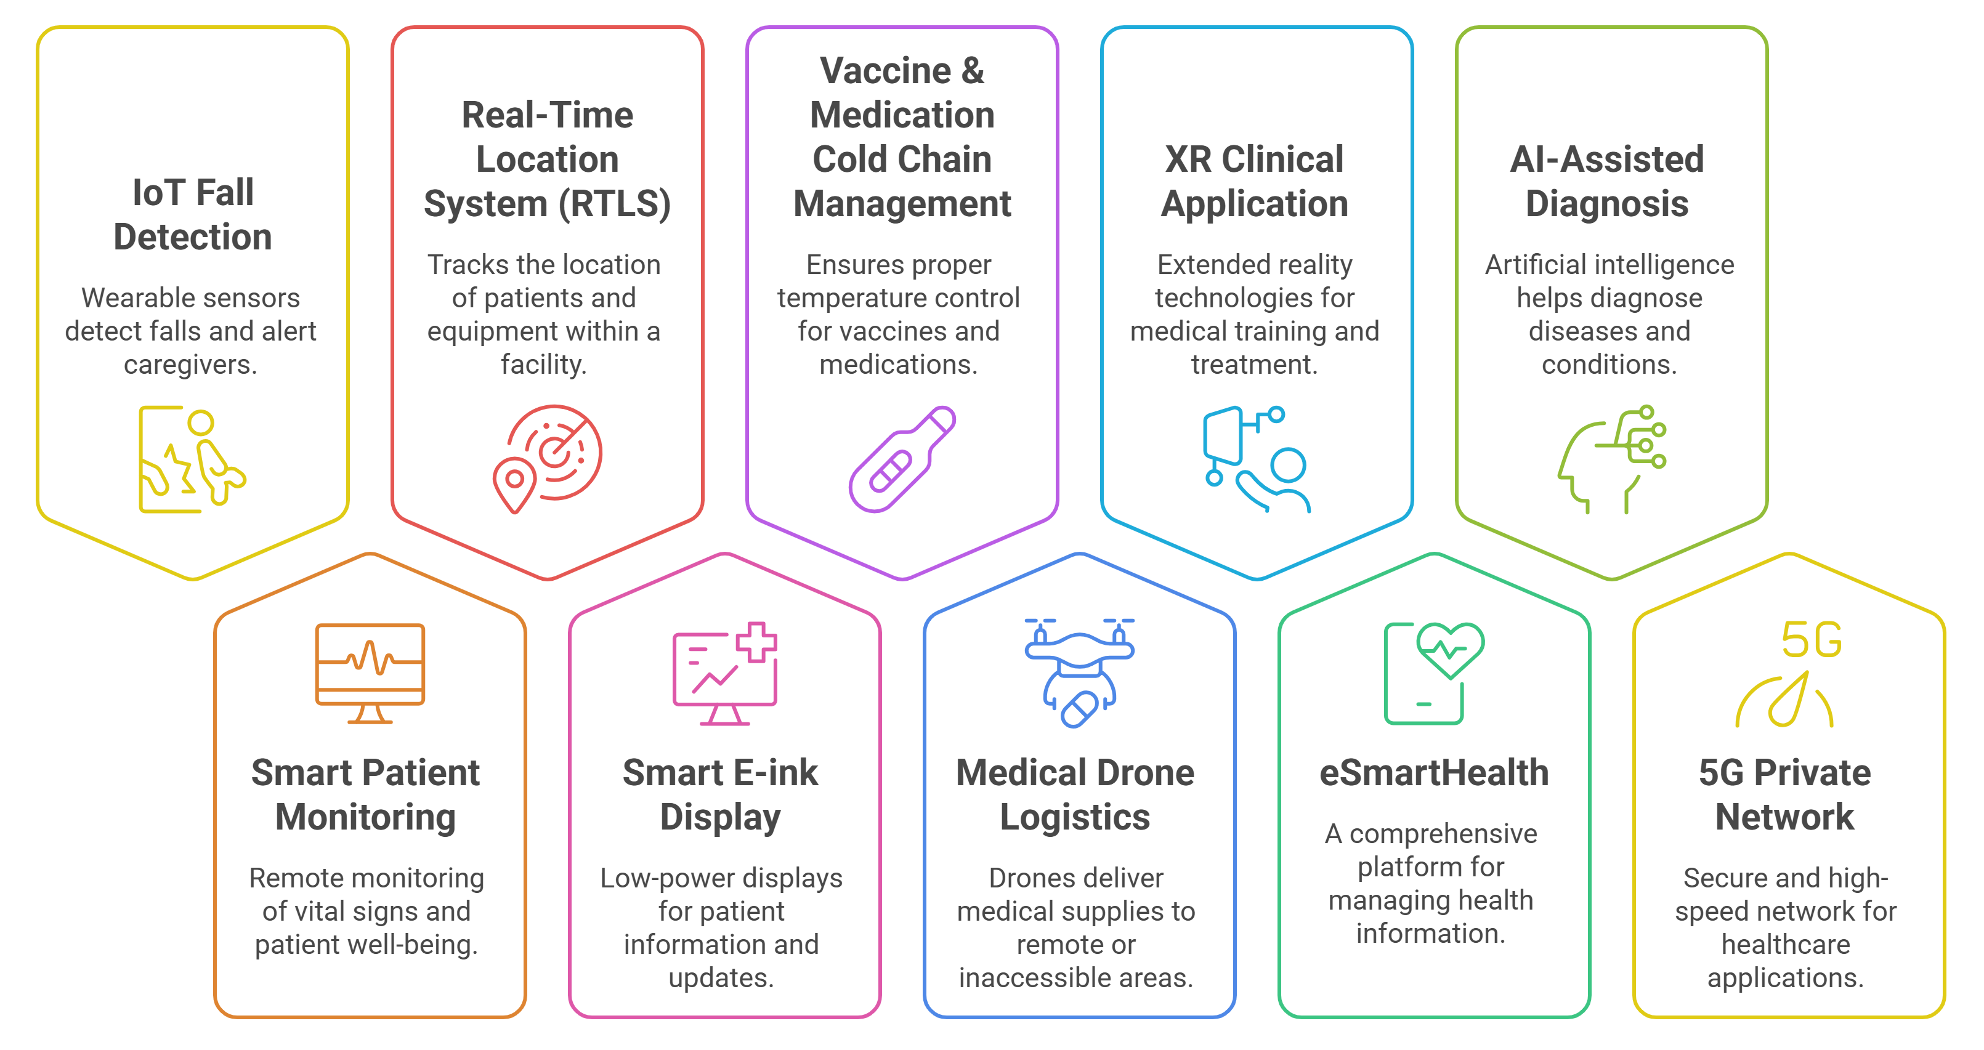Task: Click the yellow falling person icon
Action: [193, 459]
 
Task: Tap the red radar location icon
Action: [548, 459]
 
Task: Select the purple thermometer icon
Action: [902, 459]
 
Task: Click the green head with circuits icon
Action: [1611, 459]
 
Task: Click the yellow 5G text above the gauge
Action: [1812, 640]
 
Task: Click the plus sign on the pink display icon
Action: [756, 641]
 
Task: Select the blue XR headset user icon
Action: [1256, 459]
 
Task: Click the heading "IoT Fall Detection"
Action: [193, 215]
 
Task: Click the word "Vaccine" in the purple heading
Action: [886, 71]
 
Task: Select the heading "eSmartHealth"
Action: [1433, 773]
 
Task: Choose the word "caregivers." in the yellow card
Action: [190, 364]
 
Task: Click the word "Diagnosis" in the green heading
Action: [1608, 204]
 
